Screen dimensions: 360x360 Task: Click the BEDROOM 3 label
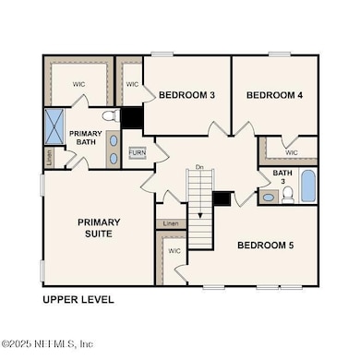187,95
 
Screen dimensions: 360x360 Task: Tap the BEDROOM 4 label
275,95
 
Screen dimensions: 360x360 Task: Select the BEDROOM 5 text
267,245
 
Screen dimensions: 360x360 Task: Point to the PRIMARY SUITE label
99,228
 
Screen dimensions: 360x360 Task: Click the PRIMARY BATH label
86,138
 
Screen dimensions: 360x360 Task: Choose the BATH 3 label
280,176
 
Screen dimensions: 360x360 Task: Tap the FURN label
137,151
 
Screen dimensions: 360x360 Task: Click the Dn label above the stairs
198,167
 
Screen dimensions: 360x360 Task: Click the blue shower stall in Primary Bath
55,126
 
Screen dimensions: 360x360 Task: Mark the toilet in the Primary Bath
110,117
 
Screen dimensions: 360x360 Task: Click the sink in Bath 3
269,197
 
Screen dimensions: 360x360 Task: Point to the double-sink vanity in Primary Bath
113,149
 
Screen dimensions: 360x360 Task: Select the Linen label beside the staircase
171,224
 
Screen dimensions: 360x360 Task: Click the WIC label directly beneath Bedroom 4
292,152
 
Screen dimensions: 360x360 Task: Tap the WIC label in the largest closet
78,84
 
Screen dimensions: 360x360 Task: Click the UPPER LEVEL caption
78,300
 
